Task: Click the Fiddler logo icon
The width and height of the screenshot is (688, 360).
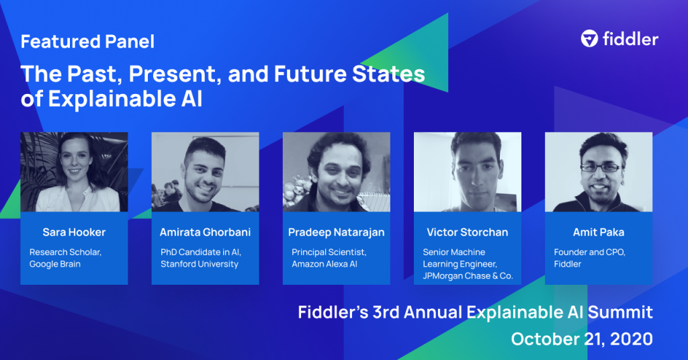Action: coord(589,38)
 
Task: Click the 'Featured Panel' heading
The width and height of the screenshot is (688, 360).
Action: coord(88,42)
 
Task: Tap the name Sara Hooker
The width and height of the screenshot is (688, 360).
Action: coord(74,232)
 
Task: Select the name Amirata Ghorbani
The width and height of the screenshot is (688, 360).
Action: coord(206,232)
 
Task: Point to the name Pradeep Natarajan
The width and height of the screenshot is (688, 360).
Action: coord(337,232)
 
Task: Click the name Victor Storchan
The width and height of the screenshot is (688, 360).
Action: coord(468,232)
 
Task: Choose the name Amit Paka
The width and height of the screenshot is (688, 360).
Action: coord(599,232)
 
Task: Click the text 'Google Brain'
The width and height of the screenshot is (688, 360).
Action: coord(55,264)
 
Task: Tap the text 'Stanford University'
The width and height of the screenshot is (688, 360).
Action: coord(200,264)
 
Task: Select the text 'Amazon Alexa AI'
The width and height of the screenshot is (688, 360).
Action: coord(325,264)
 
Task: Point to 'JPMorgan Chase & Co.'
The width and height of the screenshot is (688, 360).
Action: coord(468,276)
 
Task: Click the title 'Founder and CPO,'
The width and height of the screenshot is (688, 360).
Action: coord(590,252)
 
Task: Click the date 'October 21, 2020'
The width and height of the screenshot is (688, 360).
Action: coord(582,339)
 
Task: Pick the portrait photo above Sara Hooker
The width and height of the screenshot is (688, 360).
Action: coord(74,172)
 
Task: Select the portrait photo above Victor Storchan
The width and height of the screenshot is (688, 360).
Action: coord(468,172)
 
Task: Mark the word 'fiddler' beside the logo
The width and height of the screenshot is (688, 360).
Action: coord(630,39)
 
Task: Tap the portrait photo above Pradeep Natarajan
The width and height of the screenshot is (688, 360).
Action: coord(337,172)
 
